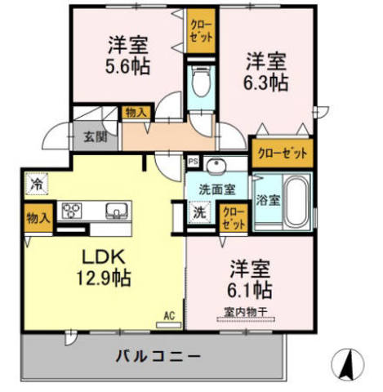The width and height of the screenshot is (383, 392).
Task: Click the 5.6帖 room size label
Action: (127, 67)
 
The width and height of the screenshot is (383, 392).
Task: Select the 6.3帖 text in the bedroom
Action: (266, 82)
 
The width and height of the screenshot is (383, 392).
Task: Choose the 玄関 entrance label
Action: (91, 137)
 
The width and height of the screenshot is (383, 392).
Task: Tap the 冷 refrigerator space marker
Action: (37, 184)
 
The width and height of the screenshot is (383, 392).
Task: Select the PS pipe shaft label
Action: (193, 161)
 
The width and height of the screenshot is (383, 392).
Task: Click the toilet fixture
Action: (200, 82)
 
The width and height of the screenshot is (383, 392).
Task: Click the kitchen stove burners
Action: (73, 211)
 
